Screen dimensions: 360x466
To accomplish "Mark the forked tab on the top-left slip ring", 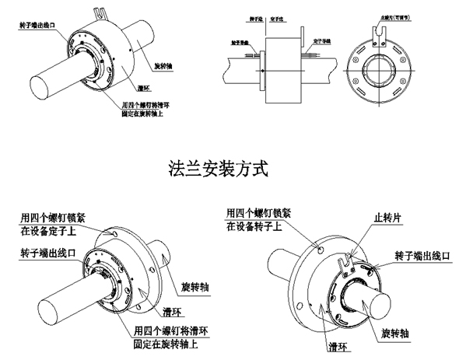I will point(98,12).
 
